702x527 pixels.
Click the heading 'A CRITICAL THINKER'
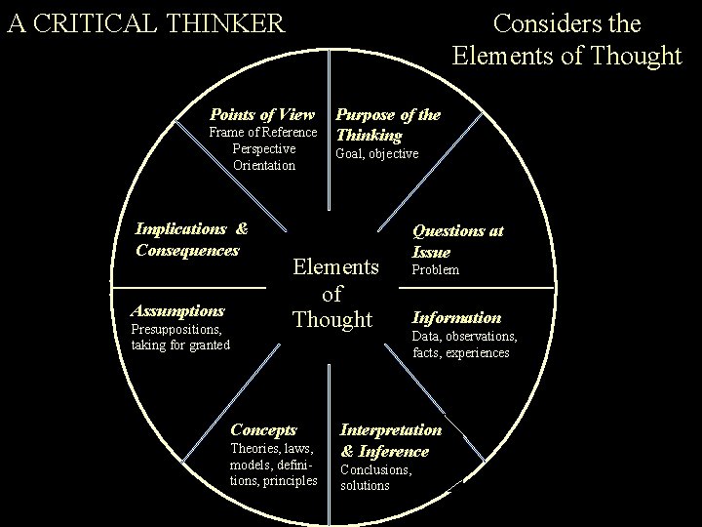(x=145, y=21)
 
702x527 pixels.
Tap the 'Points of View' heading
(x=262, y=114)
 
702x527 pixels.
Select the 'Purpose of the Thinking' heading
(x=387, y=124)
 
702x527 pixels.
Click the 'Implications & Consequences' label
(x=190, y=239)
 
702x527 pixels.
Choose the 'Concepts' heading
(x=263, y=429)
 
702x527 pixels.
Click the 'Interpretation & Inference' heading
(x=390, y=440)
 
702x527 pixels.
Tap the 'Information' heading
(x=456, y=317)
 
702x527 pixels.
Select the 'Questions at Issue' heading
(x=457, y=241)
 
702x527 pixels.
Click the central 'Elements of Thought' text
(x=332, y=293)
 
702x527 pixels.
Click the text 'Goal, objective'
(x=376, y=154)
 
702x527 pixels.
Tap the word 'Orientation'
(x=263, y=165)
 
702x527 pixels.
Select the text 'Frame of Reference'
(x=263, y=133)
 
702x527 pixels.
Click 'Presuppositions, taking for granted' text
(x=180, y=337)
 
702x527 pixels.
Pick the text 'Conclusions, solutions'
(x=375, y=477)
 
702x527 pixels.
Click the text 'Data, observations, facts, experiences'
(x=464, y=345)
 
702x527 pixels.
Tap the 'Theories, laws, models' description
(x=273, y=464)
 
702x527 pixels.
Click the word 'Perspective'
(x=263, y=148)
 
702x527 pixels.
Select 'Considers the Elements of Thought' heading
(x=566, y=39)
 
